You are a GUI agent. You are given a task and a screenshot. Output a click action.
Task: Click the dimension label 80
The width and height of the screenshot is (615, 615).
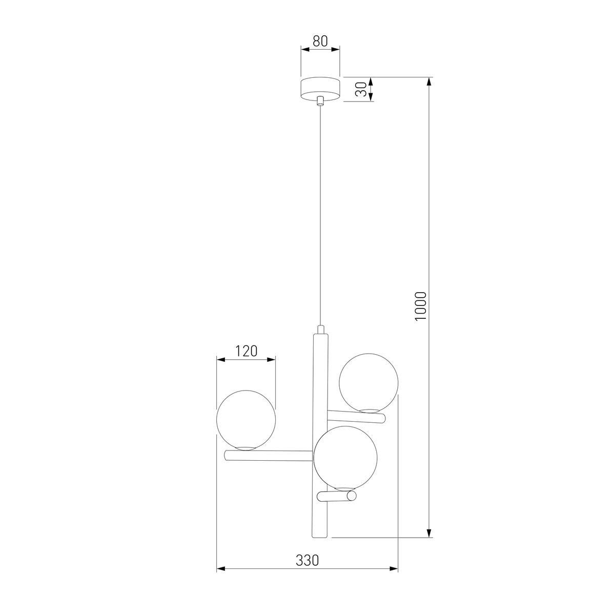[320, 42]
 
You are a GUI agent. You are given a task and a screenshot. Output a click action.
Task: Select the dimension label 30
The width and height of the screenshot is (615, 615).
[361, 90]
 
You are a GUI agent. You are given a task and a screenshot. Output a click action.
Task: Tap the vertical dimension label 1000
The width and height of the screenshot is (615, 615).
[421, 306]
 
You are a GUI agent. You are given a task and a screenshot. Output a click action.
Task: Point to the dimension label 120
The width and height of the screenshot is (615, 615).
[246, 351]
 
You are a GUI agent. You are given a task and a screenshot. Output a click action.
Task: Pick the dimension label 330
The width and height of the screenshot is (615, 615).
[307, 561]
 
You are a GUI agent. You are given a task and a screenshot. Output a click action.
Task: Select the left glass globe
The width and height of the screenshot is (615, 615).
[246, 420]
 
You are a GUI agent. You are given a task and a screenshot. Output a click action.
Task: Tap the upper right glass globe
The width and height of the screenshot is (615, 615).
[368, 382]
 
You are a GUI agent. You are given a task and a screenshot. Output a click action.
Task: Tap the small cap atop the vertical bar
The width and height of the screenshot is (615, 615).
[320, 329]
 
